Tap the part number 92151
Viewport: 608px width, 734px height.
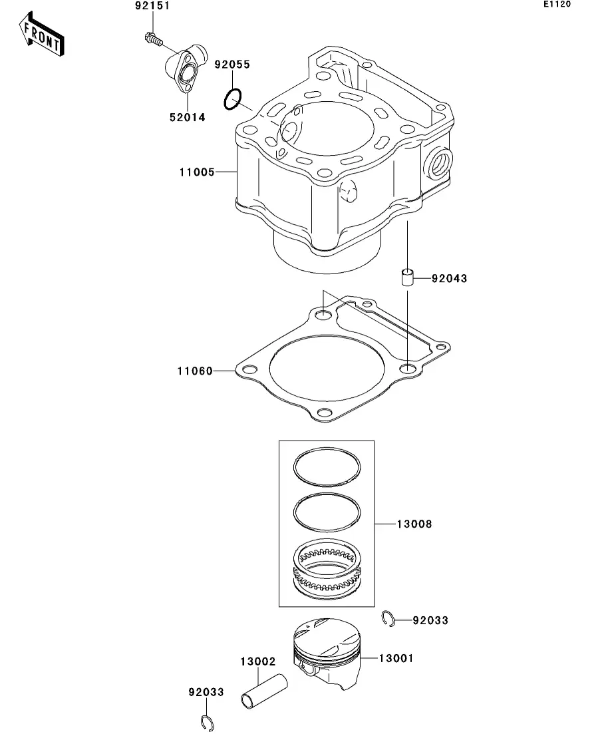(152, 6)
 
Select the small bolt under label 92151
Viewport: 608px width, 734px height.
(153, 39)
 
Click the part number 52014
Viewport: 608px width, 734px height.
(187, 118)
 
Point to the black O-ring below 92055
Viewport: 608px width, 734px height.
(233, 98)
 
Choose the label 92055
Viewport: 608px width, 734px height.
(232, 65)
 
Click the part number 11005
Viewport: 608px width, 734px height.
(197, 172)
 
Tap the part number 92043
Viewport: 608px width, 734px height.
(449, 279)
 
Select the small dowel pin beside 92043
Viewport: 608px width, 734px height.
(408, 277)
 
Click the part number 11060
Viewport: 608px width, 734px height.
(195, 371)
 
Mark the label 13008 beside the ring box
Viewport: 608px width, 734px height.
(414, 524)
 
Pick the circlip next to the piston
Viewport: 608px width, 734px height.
(388, 619)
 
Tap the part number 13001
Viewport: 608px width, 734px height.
(396, 659)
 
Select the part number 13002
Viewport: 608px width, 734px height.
(258, 662)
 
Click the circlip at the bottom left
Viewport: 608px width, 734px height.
(207, 723)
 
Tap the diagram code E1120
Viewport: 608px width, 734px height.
(557, 4)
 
